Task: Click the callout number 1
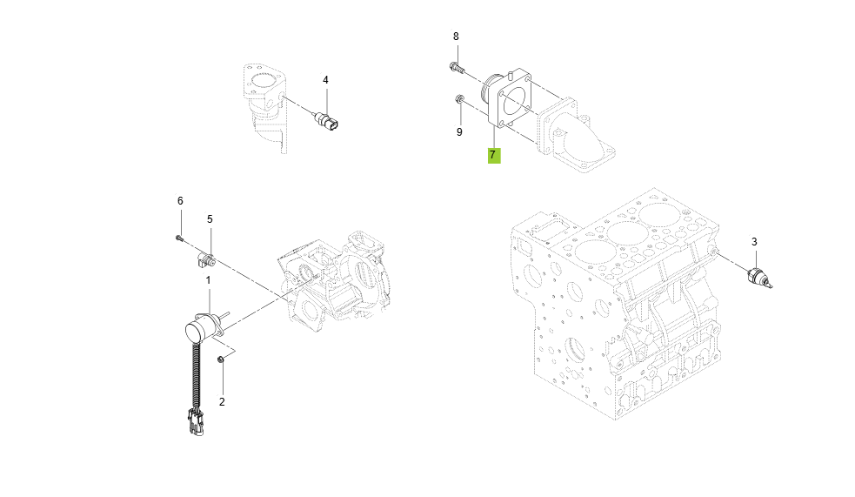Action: click(x=208, y=280)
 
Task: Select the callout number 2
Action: click(x=222, y=401)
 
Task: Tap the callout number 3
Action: click(x=754, y=241)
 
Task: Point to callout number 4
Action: click(x=326, y=80)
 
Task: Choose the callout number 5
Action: click(x=210, y=219)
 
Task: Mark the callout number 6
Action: click(x=180, y=201)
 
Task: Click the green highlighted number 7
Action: click(x=493, y=155)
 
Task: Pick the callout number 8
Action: click(x=455, y=37)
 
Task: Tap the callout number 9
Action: click(x=459, y=132)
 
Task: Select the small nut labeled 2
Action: click(x=222, y=359)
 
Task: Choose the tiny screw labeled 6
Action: click(x=179, y=236)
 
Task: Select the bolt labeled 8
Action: click(x=457, y=66)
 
